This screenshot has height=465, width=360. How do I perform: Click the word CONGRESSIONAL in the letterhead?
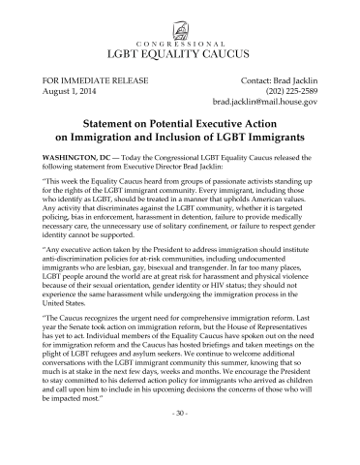click(x=180, y=42)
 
